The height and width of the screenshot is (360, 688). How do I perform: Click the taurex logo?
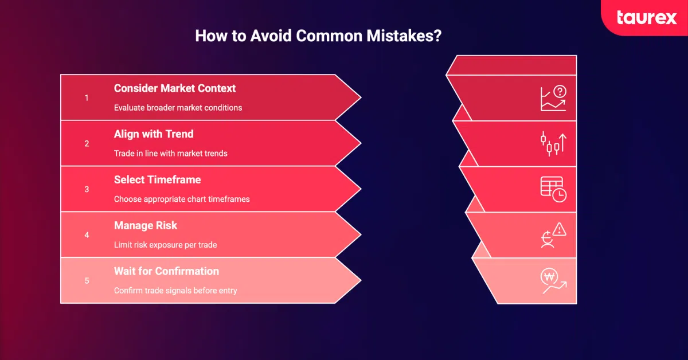[647, 18]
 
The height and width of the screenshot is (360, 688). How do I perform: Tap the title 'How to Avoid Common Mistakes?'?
[318, 36]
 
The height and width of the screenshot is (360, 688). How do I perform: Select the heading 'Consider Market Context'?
[175, 88]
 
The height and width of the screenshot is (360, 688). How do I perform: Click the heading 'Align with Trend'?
[154, 134]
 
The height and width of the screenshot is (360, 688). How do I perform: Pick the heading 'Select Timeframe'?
[157, 180]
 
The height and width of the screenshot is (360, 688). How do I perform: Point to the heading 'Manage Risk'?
[145, 226]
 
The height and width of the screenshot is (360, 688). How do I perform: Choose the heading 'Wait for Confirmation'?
[166, 271]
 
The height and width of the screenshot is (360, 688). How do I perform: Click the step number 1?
[87, 98]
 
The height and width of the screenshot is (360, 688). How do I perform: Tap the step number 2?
[87, 144]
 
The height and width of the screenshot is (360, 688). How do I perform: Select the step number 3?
[87, 189]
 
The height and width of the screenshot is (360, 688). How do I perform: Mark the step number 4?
[87, 235]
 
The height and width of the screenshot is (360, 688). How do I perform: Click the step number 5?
[87, 281]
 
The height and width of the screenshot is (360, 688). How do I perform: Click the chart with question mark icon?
[553, 98]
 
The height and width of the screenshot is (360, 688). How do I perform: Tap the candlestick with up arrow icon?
[553, 143]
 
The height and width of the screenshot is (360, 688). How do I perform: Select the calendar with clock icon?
[553, 189]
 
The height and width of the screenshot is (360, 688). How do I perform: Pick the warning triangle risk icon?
[553, 235]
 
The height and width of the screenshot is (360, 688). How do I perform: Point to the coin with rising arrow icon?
[553, 281]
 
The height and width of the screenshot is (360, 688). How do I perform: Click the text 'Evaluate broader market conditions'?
[178, 108]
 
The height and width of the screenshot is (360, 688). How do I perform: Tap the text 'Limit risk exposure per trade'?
[165, 245]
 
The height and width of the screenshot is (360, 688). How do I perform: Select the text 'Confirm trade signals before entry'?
[175, 291]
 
